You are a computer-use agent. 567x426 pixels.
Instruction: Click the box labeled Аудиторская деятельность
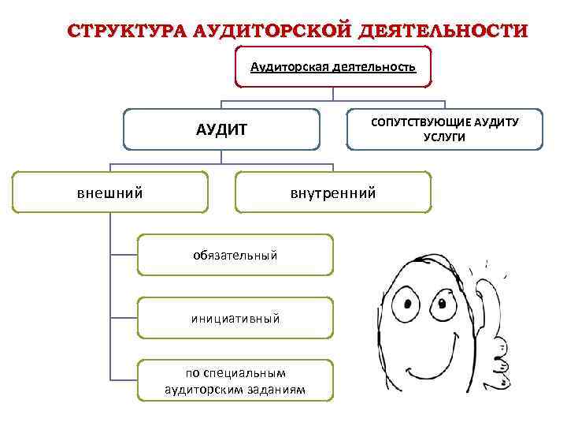(333, 68)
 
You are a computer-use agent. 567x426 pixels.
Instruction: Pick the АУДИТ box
(221, 129)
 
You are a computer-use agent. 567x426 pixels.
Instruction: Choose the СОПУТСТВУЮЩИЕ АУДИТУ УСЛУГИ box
(444, 129)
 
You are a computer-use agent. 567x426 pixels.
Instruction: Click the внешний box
(109, 192)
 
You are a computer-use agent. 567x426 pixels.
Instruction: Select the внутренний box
(333, 192)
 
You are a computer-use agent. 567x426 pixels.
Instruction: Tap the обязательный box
(235, 255)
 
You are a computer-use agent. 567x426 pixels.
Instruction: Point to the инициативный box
(235, 319)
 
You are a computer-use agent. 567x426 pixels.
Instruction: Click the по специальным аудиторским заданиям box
(235, 381)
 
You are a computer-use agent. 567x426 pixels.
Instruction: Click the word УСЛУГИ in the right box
(444, 136)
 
